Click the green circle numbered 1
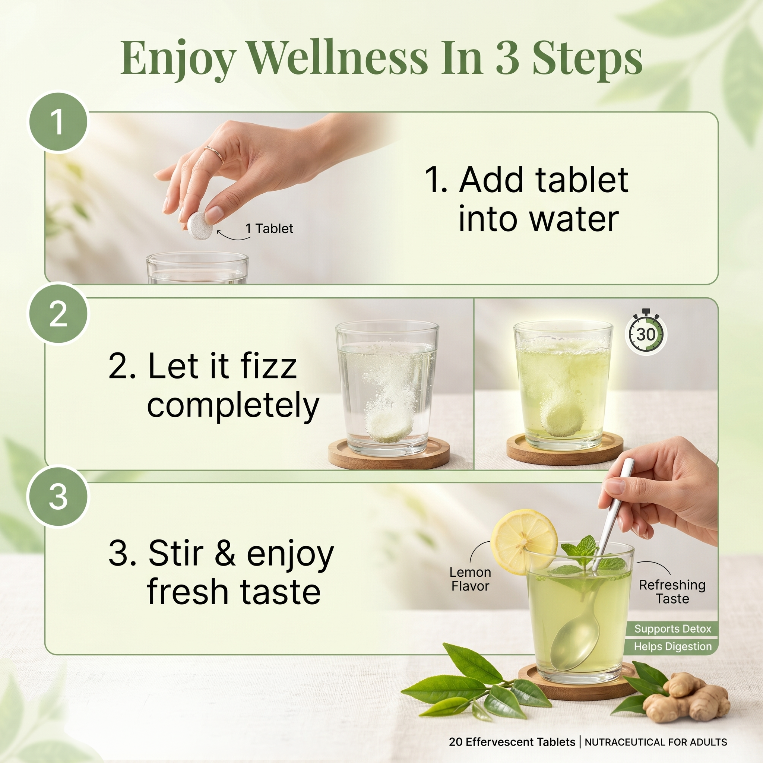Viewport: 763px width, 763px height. (x=58, y=121)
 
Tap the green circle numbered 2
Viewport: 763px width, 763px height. (x=58, y=314)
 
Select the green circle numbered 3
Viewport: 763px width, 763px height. (x=58, y=496)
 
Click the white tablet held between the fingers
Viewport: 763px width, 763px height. (x=199, y=225)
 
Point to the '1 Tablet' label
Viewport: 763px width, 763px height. (x=269, y=228)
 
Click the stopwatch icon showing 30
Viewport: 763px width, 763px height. (x=646, y=332)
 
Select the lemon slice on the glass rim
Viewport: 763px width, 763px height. (x=524, y=541)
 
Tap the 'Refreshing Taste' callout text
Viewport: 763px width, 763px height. (x=672, y=592)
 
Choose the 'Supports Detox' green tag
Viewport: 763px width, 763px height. (x=672, y=629)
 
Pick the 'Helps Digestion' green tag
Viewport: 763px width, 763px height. (x=672, y=646)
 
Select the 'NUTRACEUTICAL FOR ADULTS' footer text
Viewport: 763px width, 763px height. (x=656, y=742)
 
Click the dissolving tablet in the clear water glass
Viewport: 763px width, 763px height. (x=389, y=425)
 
